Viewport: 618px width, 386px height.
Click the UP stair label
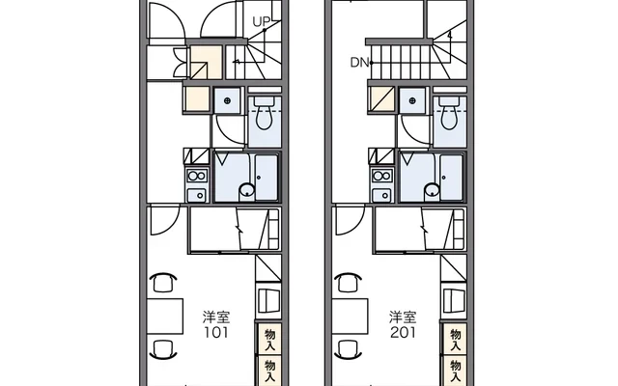pos(260,22)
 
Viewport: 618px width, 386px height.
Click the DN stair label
pos(359,62)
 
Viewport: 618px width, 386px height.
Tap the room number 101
pos(216,333)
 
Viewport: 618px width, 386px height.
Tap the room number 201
pos(403,333)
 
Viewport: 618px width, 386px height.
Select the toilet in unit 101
pos(265,113)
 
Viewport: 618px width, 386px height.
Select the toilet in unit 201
pos(450,113)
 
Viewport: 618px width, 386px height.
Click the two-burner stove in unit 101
pos(197,176)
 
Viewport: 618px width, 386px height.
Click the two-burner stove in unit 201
pos(382,176)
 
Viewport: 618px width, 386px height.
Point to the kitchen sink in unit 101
pos(197,195)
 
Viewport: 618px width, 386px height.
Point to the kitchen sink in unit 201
pos(382,195)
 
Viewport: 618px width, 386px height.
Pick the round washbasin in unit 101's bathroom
pos(247,190)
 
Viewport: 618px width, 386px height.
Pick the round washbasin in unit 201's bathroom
pos(432,190)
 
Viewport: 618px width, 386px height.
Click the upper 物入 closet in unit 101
pos(270,339)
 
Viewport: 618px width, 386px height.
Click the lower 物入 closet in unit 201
pos(455,371)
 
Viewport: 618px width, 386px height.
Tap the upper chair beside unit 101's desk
pos(163,282)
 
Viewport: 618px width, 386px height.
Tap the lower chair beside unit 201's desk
pos(349,350)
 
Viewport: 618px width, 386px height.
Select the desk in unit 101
pos(165,317)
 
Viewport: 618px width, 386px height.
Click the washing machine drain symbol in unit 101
pos(227,100)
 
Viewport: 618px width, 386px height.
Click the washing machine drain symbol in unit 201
pos(412,100)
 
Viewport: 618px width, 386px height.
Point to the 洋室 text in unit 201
pos(403,317)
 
